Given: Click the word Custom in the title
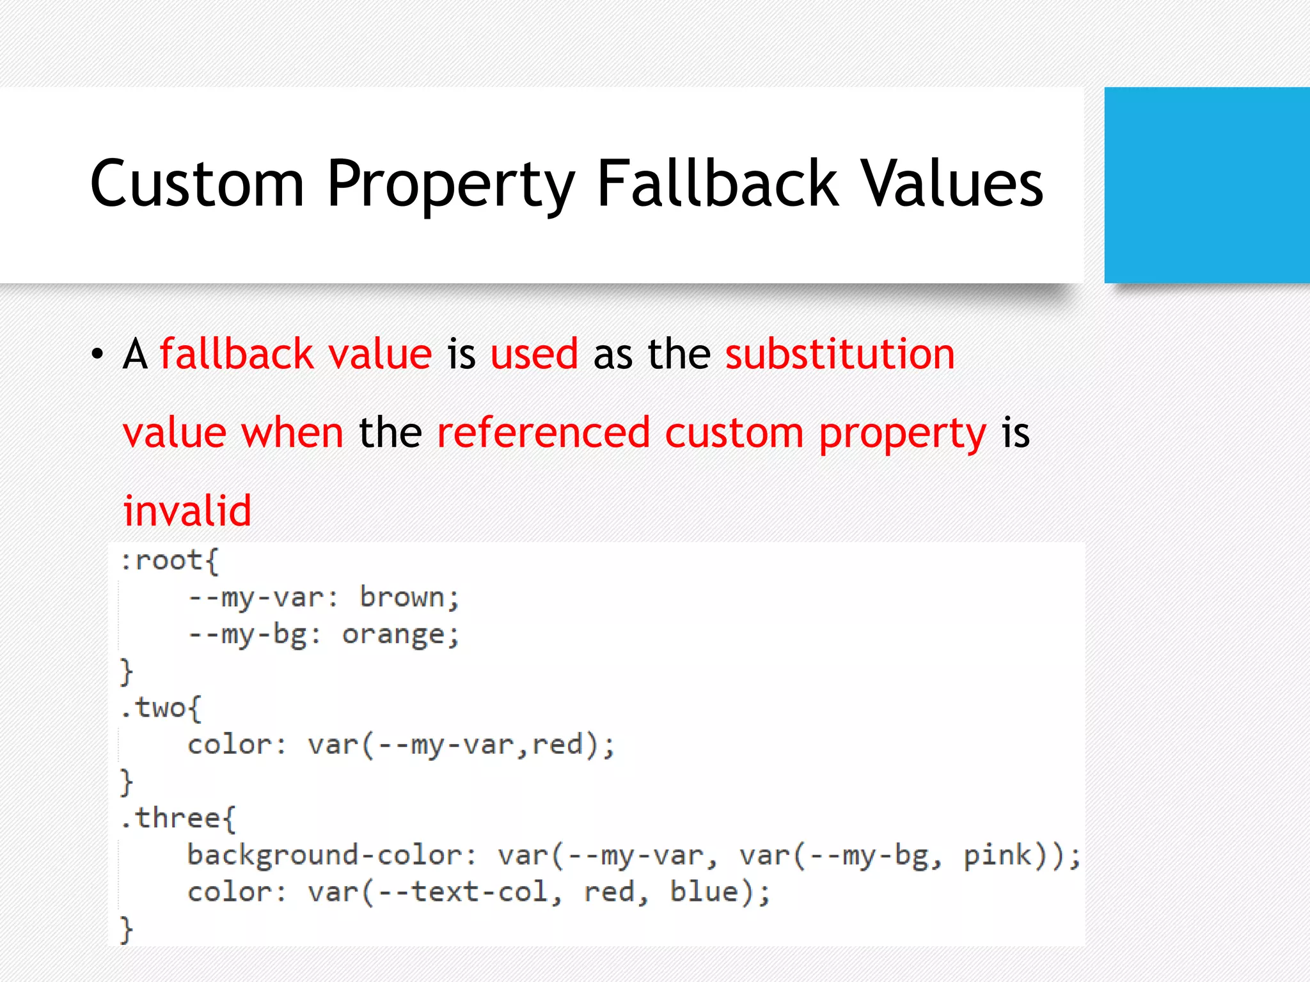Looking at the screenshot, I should click(197, 184).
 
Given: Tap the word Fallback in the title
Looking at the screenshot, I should click(716, 184).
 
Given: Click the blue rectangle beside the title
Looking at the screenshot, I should click(1206, 185).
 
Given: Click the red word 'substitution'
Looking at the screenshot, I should click(839, 354).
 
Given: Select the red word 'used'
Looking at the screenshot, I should click(534, 354).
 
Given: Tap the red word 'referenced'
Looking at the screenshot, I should click(543, 433).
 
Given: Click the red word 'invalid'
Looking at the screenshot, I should click(187, 511).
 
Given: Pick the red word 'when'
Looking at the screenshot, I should click(292, 433).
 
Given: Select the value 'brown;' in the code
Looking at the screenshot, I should click(409, 598).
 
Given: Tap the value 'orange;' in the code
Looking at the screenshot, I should click(400, 635).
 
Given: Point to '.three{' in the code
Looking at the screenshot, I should click(178, 819).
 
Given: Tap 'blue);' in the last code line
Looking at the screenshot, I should click(720, 892).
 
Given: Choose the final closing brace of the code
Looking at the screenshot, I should click(127, 930).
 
